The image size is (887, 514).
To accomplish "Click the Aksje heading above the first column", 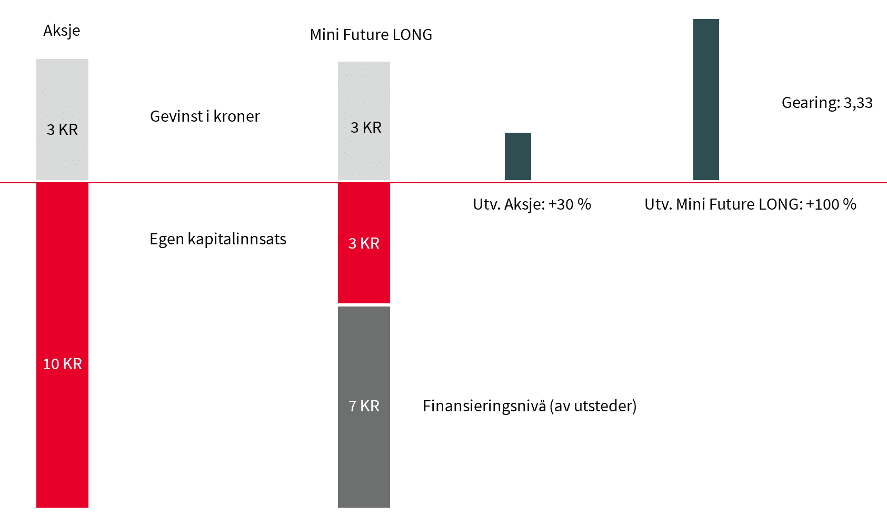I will point(62,31).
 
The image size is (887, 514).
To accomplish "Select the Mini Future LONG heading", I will point(371,35).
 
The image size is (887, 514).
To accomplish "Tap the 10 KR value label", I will point(62,364).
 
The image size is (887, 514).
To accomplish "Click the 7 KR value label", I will point(364,406).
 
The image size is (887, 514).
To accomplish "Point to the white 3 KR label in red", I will point(364,243).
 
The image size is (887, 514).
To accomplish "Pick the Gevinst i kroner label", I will point(205,116).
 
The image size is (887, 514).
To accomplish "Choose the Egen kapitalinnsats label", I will point(217,239).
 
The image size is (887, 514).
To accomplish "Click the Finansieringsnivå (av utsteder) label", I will point(529,406).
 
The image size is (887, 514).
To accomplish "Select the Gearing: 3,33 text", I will point(827,103).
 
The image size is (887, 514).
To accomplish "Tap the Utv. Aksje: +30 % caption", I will point(532,204).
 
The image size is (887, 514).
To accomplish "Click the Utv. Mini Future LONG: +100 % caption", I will point(750,204).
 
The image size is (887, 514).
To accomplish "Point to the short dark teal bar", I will point(517,156).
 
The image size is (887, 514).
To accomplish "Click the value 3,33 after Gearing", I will point(858,103).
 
